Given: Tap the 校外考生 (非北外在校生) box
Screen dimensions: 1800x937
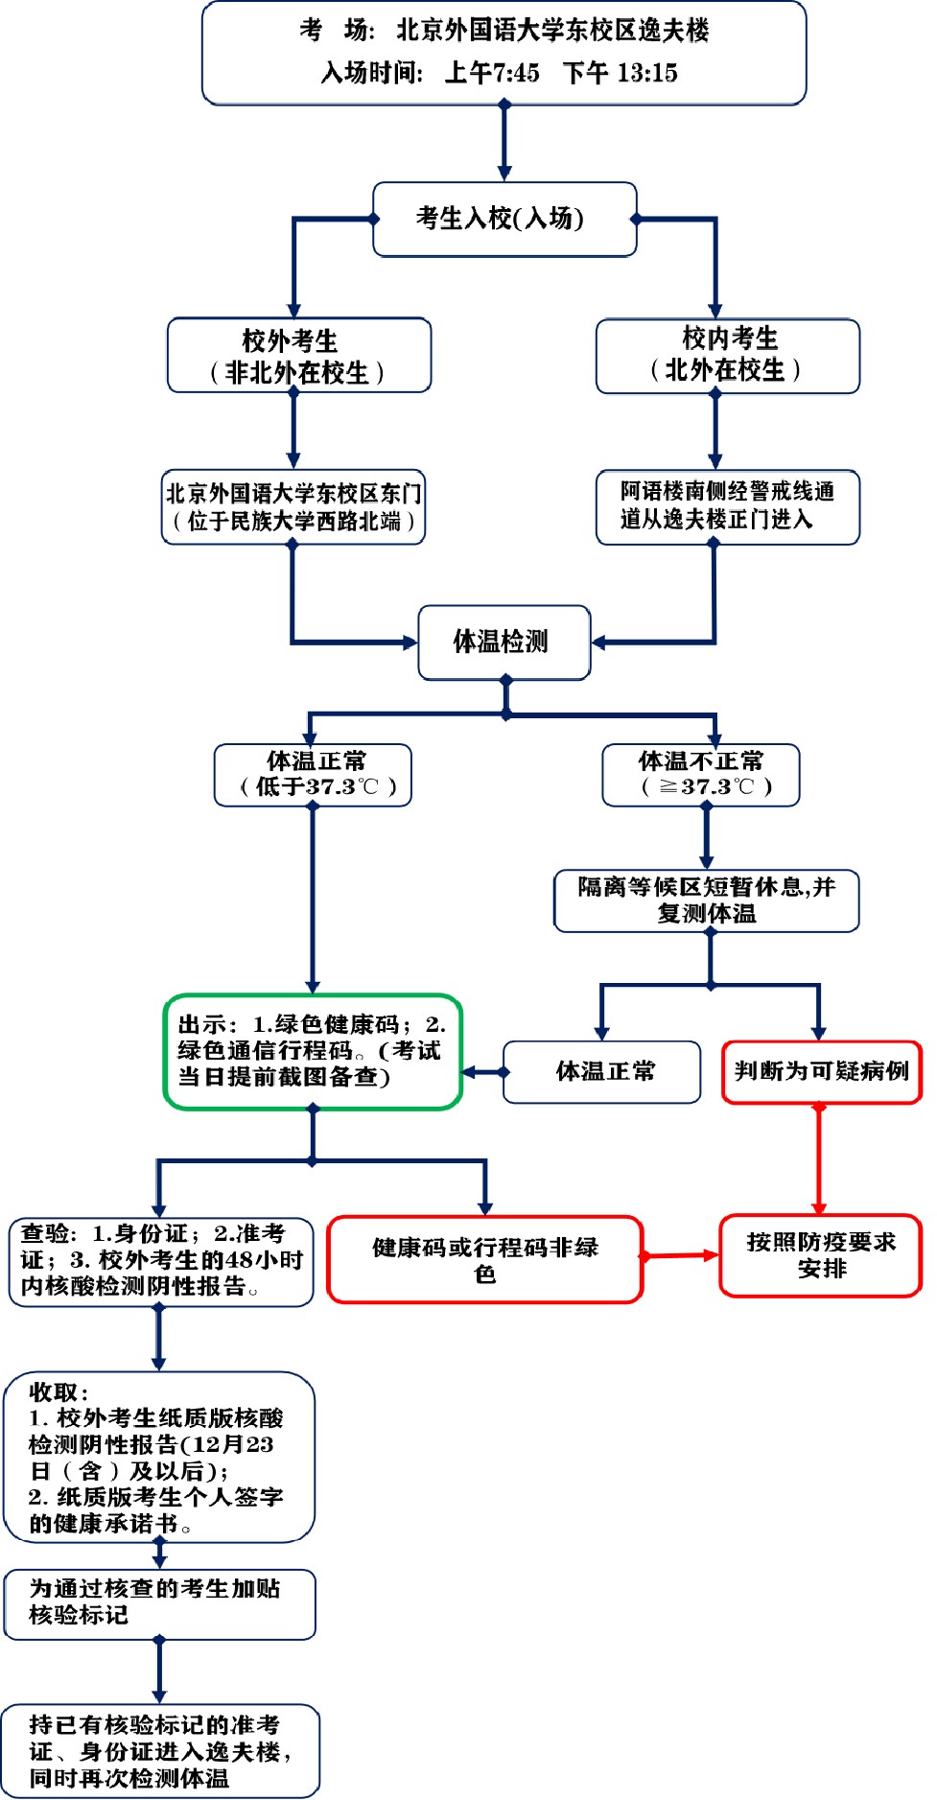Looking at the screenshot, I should click(x=298, y=356).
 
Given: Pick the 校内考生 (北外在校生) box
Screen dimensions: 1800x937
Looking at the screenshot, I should click(x=727, y=355).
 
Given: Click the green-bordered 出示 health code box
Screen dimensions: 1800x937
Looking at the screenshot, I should click(x=313, y=1051).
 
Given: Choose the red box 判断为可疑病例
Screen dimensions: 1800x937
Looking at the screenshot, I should click(x=821, y=1071).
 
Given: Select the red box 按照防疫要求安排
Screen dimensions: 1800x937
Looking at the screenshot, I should click(x=820, y=1255).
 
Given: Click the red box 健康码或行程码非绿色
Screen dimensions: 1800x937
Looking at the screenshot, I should click(x=484, y=1259).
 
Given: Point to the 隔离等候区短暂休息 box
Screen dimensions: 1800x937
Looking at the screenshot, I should click(x=706, y=900).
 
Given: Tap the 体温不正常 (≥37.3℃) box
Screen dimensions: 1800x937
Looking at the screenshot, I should click(x=701, y=774).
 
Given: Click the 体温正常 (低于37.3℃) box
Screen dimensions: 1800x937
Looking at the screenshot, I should click(x=314, y=774).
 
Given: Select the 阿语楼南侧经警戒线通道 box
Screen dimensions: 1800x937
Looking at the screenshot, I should click(x=727, y=505).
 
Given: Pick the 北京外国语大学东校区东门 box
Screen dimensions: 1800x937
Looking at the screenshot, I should click(x=293, y=506).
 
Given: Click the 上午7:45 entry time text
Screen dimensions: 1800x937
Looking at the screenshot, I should click(x=492, y=73).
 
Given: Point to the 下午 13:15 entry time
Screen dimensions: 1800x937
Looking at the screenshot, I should click(x=621, y=73).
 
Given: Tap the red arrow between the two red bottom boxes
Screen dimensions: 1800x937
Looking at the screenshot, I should click(x=681, y=1255).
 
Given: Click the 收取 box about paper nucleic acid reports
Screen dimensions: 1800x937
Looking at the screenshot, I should click(x=159, y=1457).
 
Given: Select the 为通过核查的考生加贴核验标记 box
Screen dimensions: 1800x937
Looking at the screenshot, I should click(x=159, y=1602).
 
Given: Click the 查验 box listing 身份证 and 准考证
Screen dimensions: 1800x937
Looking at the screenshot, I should click(x=161, y=1260).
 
